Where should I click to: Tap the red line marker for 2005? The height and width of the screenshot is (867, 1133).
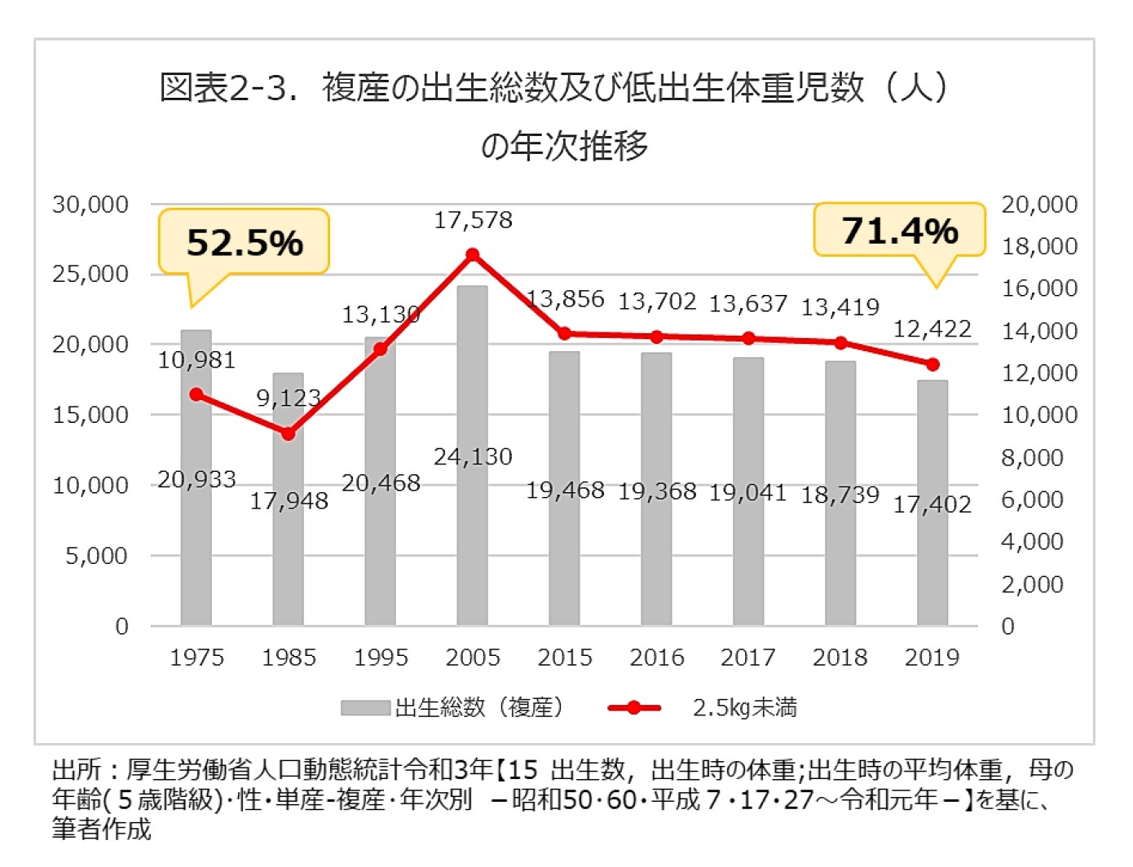pyautogui.click(x=472, y=255)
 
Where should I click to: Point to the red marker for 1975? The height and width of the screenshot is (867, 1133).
pyautogui.click(x=196, y=394)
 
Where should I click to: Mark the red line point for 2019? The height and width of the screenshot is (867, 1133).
pyautogui.click(x=932, y=364)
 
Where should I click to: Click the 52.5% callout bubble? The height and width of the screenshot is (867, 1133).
pyautogui.click(x=244, y=242)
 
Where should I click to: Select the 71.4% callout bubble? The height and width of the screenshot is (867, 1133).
pyautogui.click(x=899, y=231)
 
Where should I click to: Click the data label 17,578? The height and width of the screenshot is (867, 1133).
pyautogui.click(x=473, y=220)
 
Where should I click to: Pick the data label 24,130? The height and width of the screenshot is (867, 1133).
pyautogui.click(x=473, y=456)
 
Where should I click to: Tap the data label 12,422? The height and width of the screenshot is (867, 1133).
pyautogui.click(x=932, y=329)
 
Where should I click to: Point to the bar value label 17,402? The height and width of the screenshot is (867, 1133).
pyautogui.click(x=932, y=505)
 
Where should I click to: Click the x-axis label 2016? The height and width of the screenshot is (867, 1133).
pyautogui.click(x=656, y=658)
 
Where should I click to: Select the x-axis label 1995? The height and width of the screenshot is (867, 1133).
pyautogui.click(x=381, y=658)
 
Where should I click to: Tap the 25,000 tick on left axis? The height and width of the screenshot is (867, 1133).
pyautogui.click(x=90, y=274)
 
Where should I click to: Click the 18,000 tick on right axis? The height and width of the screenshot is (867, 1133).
pyautogui.click(x=1039, y=246)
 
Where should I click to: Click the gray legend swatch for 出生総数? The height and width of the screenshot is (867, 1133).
pyautogui.click(x=365, y=708)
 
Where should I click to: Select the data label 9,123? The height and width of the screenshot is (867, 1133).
pyautogui.click(x=288, y=398)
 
